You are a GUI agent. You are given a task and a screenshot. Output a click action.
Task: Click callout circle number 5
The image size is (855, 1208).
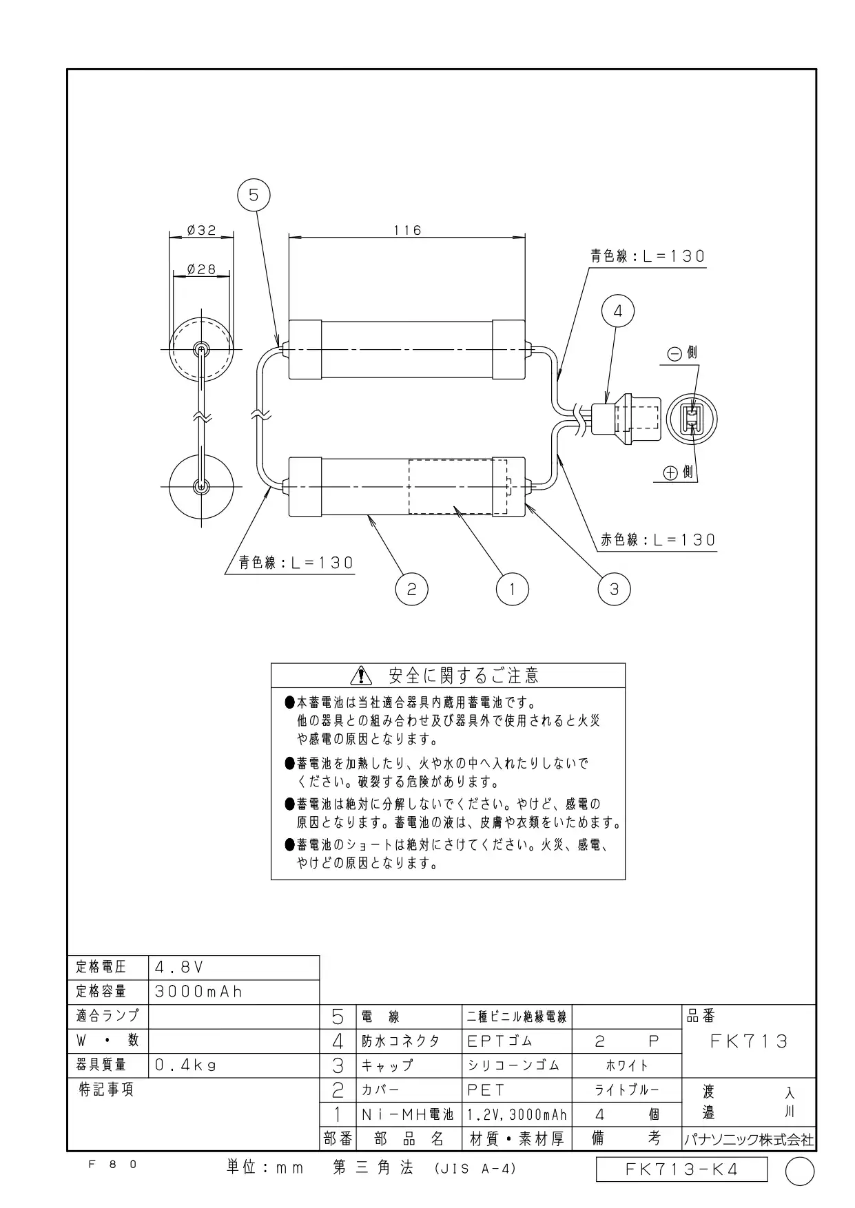[254, 196]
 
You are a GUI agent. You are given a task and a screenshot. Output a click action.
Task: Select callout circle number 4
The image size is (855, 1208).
[617, 311]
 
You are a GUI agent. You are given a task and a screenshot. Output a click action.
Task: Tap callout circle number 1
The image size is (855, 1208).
[512, 589]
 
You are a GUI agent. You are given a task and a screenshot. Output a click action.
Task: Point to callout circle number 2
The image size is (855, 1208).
[411, 589]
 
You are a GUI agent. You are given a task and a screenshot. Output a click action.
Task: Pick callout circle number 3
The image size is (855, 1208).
[614, 589]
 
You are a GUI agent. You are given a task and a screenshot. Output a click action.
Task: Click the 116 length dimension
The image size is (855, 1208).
[407, 231]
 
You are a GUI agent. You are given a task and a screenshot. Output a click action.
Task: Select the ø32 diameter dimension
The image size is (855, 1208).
[201, 231]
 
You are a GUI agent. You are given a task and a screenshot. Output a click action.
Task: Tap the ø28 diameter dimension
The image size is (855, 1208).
[201, 270]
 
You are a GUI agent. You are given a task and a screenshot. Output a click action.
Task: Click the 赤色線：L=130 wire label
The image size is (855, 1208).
[658, 540]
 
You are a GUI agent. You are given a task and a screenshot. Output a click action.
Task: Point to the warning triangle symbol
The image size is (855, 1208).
[360, 676]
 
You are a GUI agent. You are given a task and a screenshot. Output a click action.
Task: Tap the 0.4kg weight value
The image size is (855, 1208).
[186, 1065]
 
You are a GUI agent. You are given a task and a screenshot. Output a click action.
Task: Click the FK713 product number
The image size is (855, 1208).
[749, 1041]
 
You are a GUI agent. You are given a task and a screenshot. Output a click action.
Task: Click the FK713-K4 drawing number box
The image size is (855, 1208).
[681, 1169]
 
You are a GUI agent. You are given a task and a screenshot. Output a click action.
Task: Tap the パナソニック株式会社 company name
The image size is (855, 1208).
[749, 1140]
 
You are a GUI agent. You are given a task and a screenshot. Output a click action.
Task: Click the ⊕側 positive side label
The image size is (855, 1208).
[679, 472]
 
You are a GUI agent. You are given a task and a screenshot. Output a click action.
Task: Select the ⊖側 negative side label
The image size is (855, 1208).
[683, 353]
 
